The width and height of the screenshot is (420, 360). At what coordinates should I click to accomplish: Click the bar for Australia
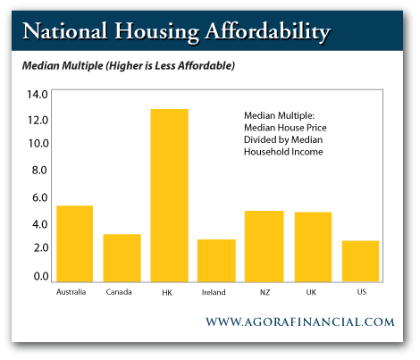[74, 244]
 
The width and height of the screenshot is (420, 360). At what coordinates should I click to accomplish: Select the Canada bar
[122, 258]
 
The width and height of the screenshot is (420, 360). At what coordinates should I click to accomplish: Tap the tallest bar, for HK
[170, 196]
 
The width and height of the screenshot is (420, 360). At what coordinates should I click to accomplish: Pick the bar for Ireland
[216, 261]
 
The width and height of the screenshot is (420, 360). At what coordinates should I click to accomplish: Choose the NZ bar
[265, 247]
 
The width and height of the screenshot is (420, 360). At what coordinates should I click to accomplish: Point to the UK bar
[313, 247]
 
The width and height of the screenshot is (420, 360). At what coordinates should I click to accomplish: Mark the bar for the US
[360, 261]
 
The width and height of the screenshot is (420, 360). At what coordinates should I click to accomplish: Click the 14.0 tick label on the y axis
[38, 95]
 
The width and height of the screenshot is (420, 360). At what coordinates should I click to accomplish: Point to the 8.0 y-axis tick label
[39, 170]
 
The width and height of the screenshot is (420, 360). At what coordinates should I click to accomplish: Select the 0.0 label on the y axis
[41, 276]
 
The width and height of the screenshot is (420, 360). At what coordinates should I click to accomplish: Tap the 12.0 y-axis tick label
[38, 120]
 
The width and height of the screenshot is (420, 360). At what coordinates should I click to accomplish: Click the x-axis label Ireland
[214, 292]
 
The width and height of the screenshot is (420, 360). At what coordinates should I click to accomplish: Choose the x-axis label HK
[167, 293]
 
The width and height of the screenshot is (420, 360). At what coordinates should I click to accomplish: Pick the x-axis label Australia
[71, 292]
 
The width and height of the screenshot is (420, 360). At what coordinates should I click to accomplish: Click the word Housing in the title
[157, 32]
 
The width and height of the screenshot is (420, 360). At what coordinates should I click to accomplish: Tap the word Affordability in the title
[268, 31]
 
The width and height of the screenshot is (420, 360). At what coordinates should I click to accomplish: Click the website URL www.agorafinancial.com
[300, 322]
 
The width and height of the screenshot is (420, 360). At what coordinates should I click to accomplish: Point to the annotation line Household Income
[283, 152]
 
